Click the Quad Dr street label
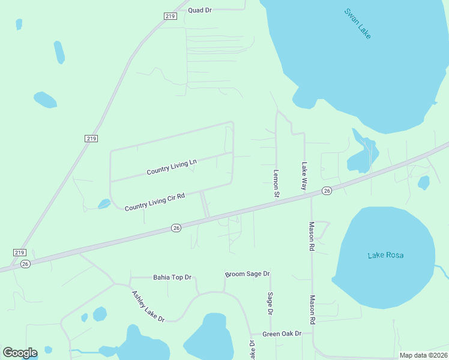[200, 10]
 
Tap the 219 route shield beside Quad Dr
[170, 16]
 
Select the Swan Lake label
[358, 23]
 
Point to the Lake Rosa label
[385, 256]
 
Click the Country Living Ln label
[172, 167]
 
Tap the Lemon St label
[276, 184]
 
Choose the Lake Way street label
[304, 176]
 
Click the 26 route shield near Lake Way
[327, 191]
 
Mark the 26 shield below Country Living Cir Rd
[176, 228]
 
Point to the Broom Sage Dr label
[247, 274]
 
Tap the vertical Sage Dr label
[270, 304]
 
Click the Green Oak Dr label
[282, 334]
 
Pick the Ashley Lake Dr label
[148, 306]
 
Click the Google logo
[20, 352]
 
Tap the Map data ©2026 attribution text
[423, 355]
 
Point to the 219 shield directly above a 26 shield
[19, 253]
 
